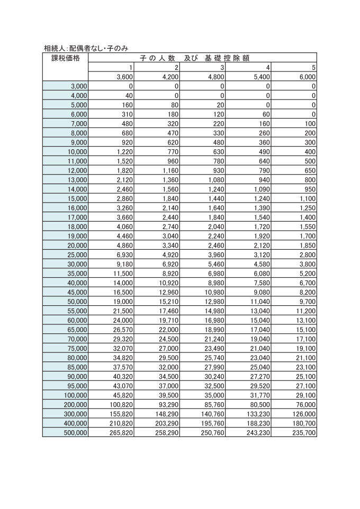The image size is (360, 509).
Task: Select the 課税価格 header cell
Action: pos(65,58)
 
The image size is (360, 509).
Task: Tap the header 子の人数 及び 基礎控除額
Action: pos(202,58)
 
